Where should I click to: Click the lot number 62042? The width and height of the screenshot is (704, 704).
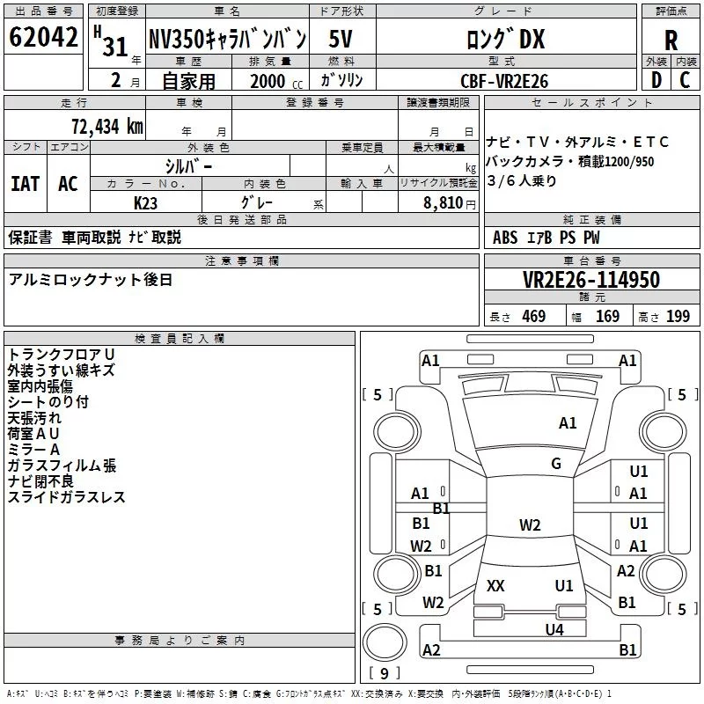coord(42,39)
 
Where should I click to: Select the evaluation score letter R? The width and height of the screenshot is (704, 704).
coord(671,40)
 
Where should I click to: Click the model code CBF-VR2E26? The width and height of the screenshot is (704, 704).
coord(504,81)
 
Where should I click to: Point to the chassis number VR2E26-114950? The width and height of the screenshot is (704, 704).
coord(591,280)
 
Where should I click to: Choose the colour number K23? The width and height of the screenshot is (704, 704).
coord(146,202)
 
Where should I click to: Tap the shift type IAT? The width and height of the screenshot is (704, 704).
coord(25,183)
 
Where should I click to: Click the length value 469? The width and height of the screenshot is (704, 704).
coord(533,317)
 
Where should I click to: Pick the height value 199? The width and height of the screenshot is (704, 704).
coord(678,317)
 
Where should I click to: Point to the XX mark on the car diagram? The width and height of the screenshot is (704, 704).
coord(495,586)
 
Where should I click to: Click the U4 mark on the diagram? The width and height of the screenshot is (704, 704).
coord(554,629)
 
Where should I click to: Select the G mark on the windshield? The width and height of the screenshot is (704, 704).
coord(556,464)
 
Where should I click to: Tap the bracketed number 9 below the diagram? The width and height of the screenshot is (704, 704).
coord(385,674)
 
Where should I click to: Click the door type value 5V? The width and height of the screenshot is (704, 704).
coord(341,40)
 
